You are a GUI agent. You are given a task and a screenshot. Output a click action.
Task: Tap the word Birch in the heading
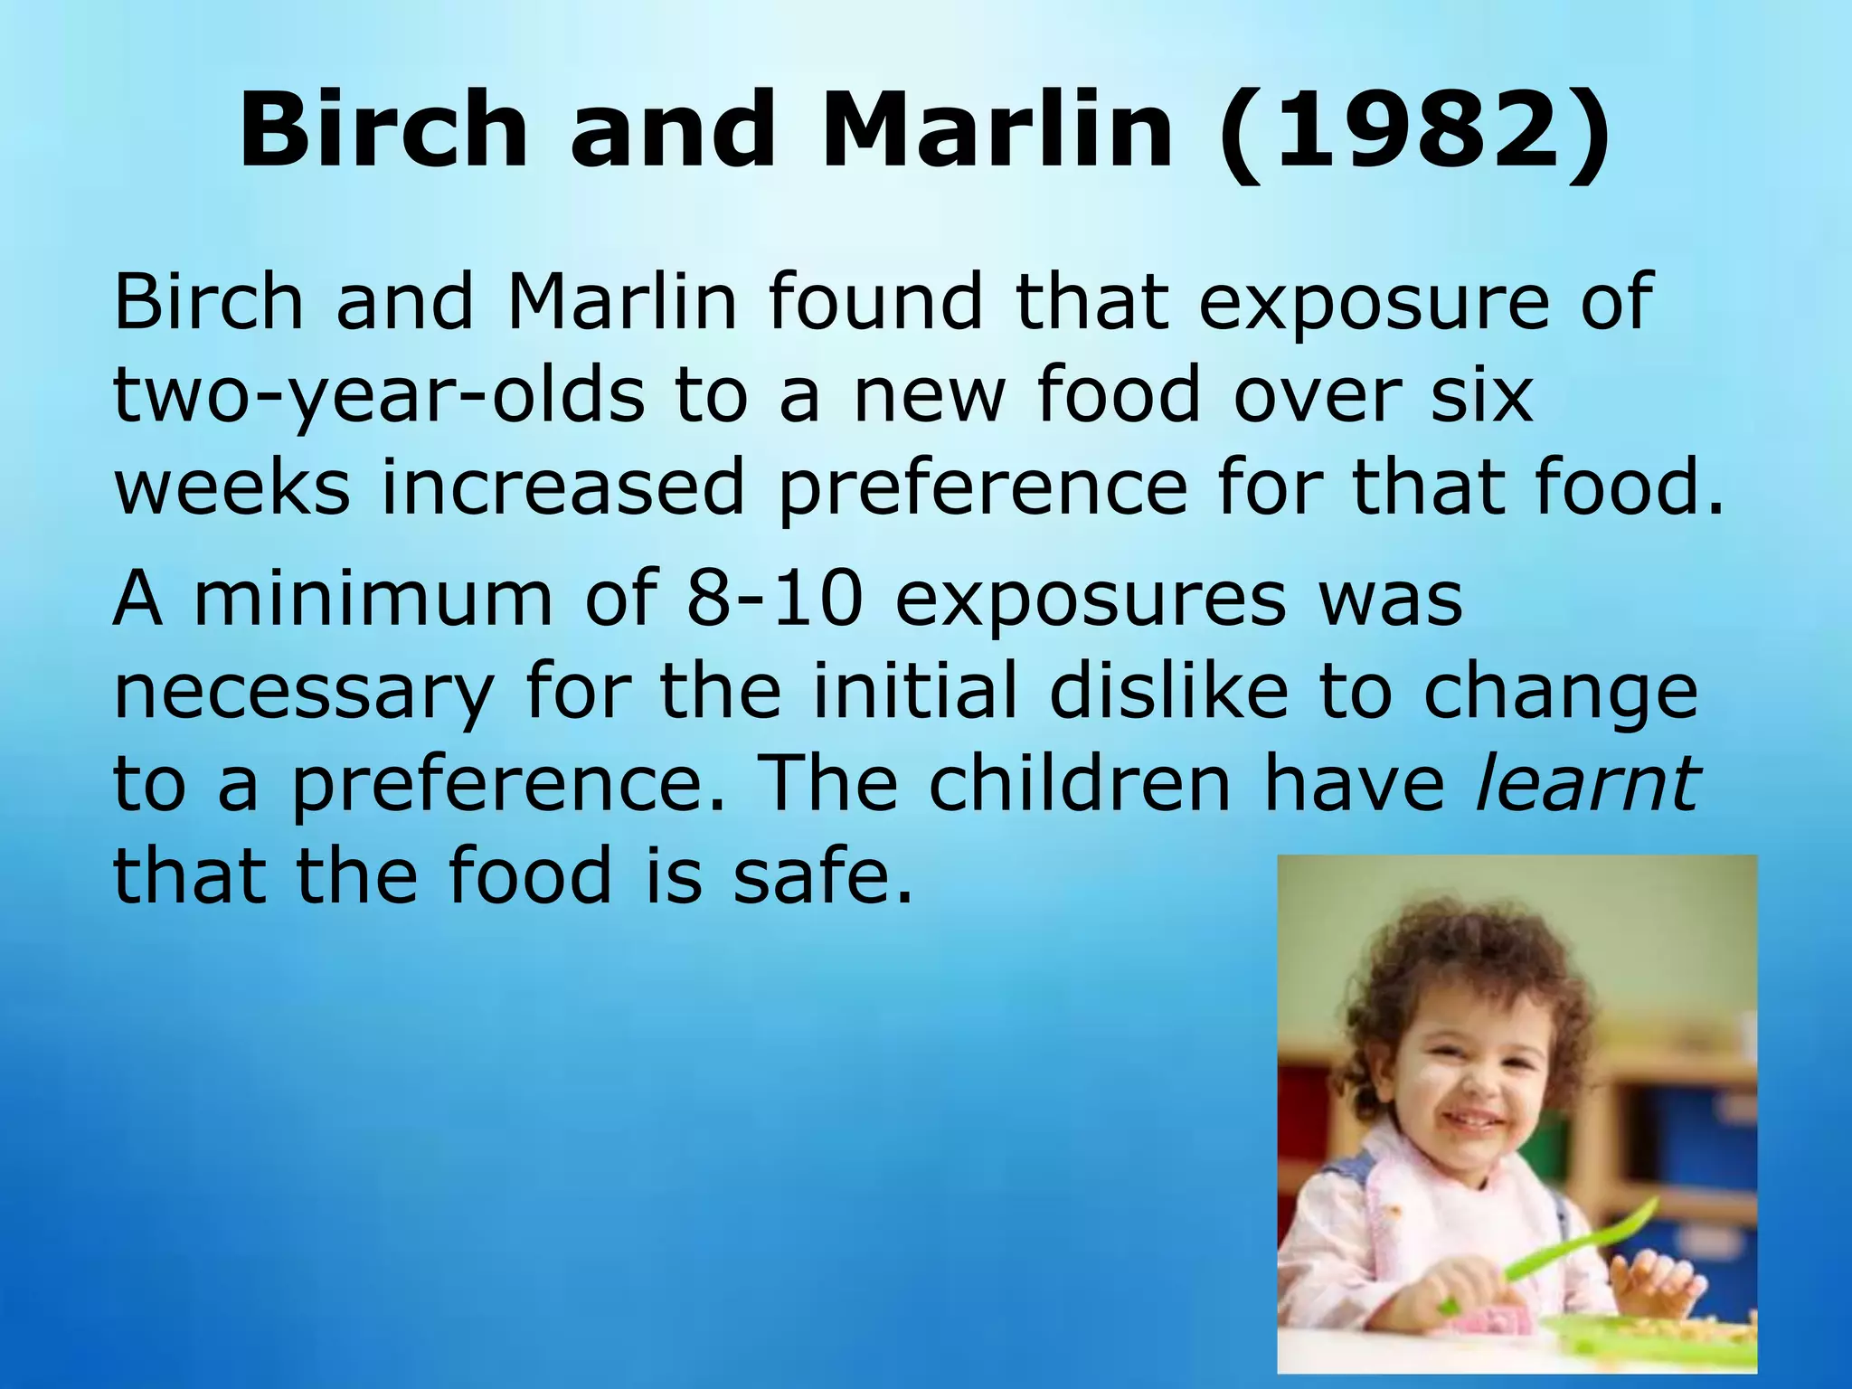[383, 131]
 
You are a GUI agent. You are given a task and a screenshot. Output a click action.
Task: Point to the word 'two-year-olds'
[380, 395]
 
